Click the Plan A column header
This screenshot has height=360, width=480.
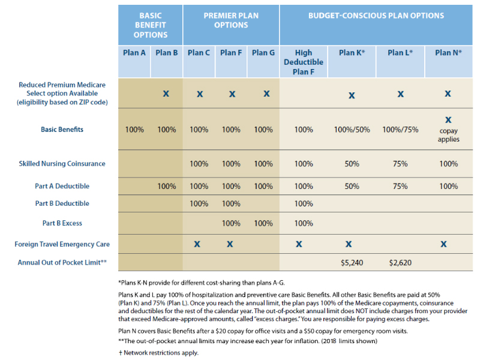click(x=134, y=53)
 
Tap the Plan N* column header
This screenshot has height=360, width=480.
click(x=448, y=53)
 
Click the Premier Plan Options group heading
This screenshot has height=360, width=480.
click(x=230, y=20)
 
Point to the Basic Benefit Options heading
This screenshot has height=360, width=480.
click(x=150, y=25)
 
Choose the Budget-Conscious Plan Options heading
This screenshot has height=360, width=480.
click(x=376, y=16)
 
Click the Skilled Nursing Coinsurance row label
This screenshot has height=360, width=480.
click(x=62, y=164)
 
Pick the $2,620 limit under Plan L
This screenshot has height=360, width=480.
click(x=401, y=263)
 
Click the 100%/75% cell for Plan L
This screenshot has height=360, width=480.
click(x=401, y=130)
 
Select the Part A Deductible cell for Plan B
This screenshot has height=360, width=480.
click(x=166, y=187)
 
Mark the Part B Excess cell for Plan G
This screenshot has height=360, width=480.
click(x=263, y=223)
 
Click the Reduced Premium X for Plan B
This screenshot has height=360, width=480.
click(x=166, y=94)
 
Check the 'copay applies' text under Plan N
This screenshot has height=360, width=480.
click(x=448, y=135)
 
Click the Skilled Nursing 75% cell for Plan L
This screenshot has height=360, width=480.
click(x=401, y=164)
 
